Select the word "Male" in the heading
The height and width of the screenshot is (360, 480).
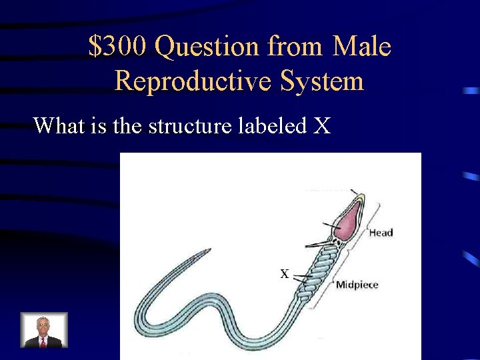click(361, 47)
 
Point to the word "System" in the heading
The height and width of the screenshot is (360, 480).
click(323, 81)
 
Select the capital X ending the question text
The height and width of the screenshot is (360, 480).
click(321, 125)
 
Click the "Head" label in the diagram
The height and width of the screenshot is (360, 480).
click(381, 233)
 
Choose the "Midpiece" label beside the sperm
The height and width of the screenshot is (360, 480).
click(357, 285)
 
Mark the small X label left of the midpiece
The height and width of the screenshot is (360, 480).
click(284, 273)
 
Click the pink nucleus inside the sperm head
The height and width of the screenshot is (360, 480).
click(347, 219)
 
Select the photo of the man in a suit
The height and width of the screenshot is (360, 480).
click(44, 330)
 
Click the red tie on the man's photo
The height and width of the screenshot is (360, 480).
click(43, 341)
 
